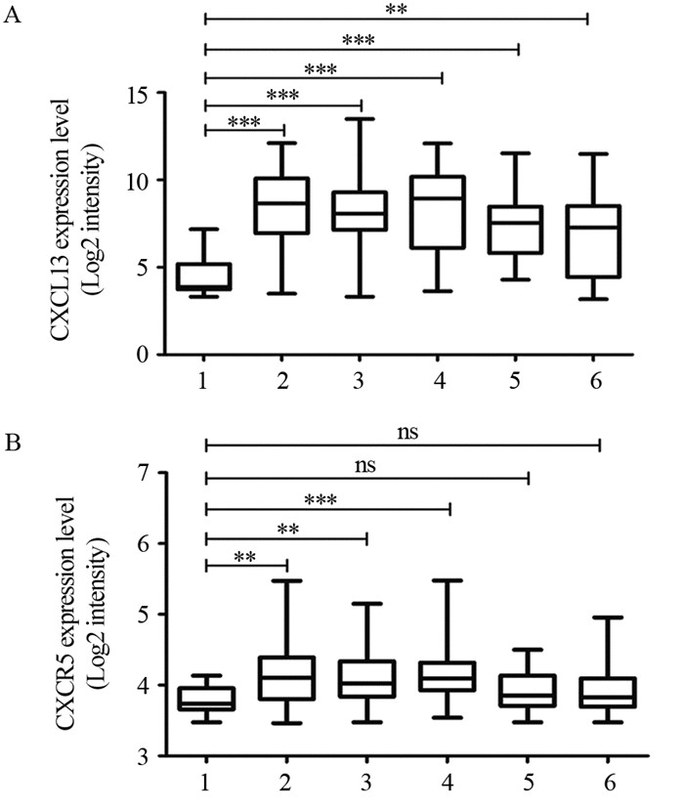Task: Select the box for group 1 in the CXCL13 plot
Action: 204,276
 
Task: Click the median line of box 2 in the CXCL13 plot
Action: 284,202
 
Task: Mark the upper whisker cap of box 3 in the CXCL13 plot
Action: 362,119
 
